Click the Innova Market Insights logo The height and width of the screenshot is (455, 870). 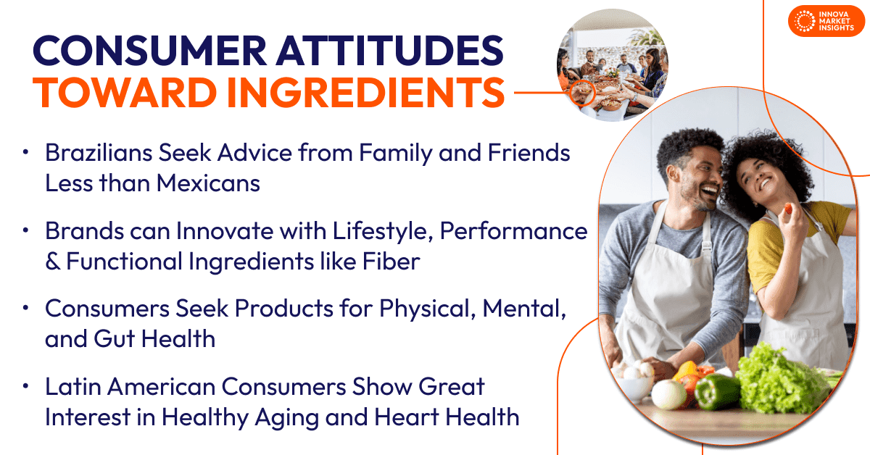point(826,21)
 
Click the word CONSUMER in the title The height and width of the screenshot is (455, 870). point(150,51)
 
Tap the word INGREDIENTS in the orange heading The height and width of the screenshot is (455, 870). point(366,93)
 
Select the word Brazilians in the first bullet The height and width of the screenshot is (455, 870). point(99,153)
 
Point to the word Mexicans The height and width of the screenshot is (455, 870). point(208,183)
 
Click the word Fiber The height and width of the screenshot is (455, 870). point(391,261)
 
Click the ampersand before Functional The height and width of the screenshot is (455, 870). point(52,261)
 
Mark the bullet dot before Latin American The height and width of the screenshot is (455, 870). point(25,386)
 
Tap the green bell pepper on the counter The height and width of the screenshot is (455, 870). point(716,391)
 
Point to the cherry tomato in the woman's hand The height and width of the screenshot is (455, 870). point(788,209)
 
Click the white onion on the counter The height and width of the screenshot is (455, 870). point(668,394)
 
